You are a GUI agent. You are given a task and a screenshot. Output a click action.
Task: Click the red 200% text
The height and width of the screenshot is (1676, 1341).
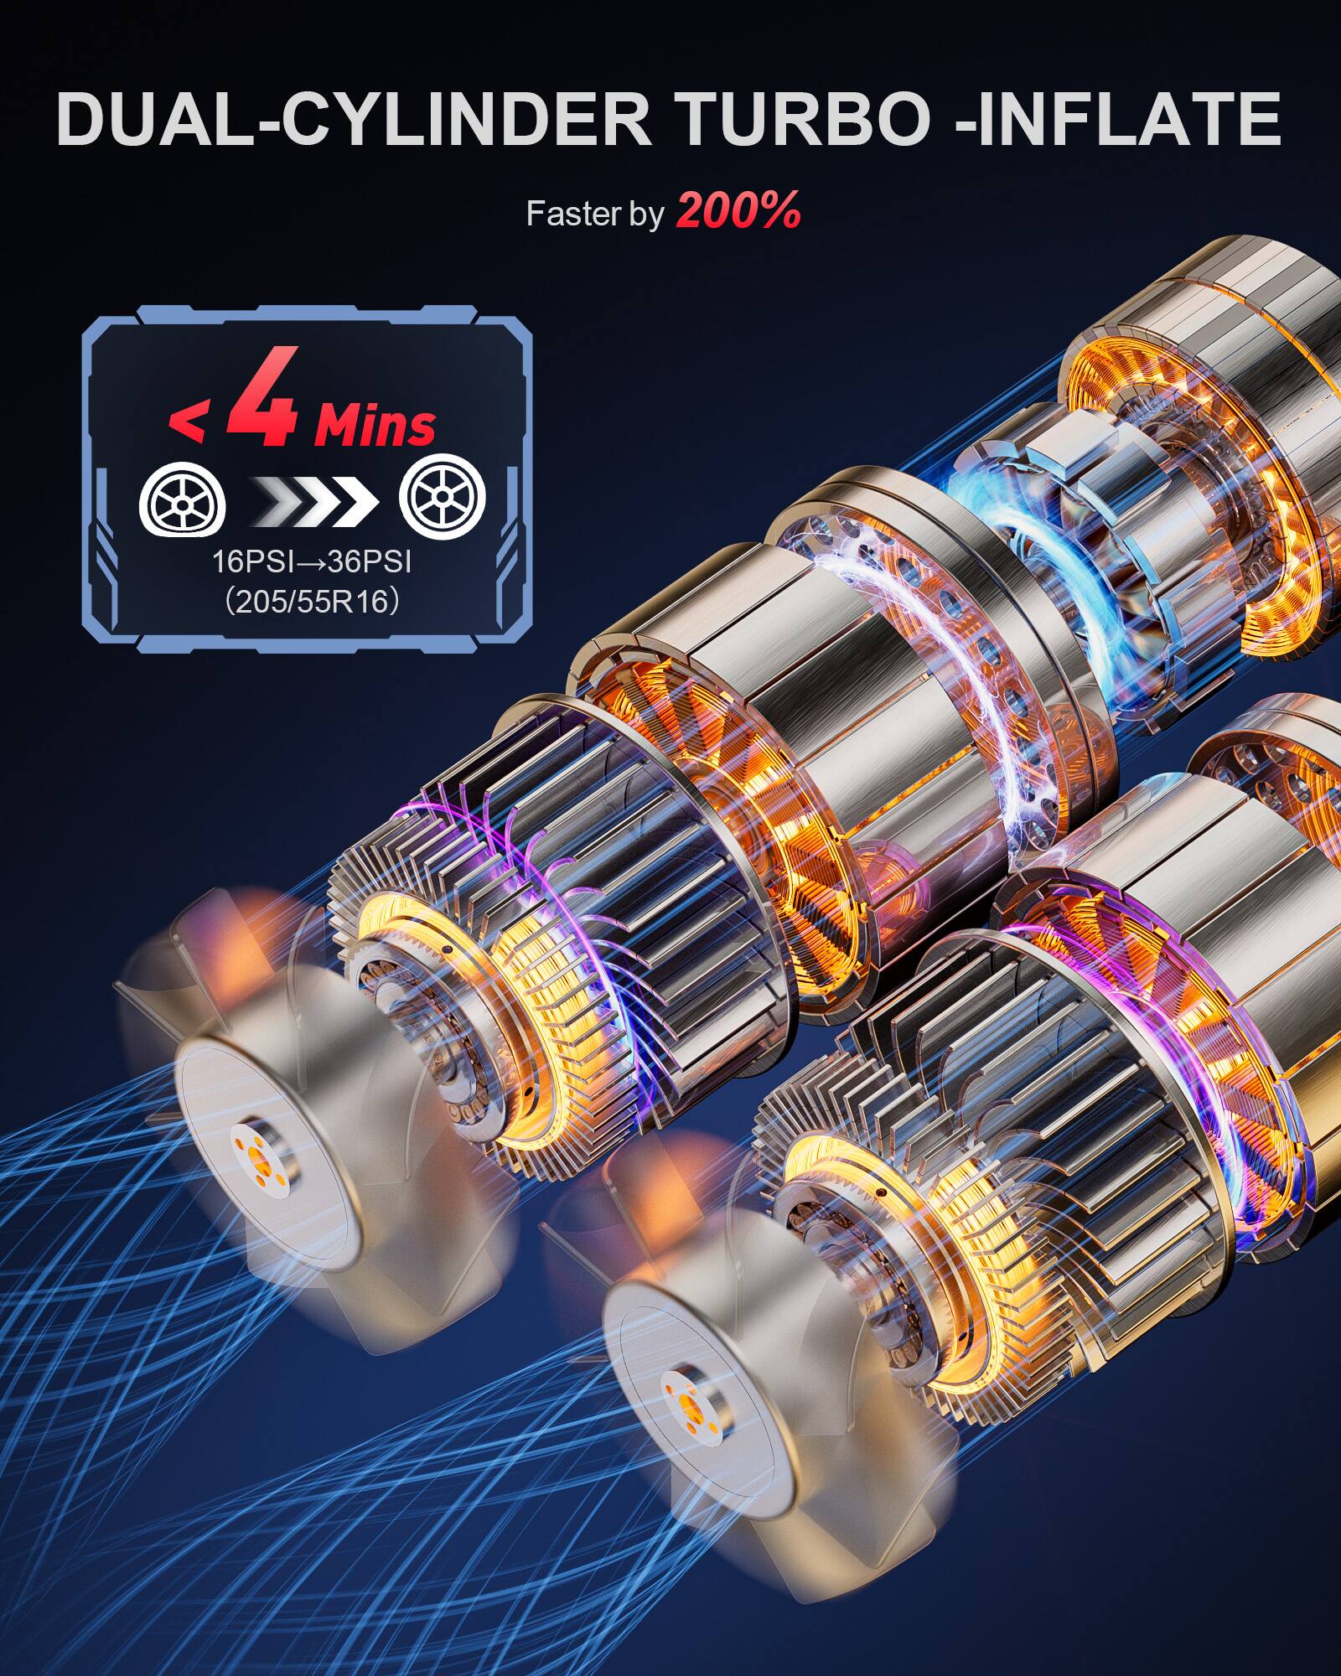[x=738, y=211]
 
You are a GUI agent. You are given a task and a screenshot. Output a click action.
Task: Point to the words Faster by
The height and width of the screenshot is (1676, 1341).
[x=594, y=215]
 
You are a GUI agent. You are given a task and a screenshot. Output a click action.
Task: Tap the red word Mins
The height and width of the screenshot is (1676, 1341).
[x=375, y=426]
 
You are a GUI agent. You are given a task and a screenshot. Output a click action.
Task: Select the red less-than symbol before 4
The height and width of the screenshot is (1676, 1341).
[x=186, y=423]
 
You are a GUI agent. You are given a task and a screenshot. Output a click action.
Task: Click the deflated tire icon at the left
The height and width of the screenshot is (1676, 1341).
[x=183, y=500]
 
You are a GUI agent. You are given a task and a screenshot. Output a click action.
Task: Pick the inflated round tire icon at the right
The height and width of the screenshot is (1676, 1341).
[x=442, y=499]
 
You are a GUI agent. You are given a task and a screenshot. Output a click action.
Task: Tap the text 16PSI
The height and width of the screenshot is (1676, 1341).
[x=252, y=561]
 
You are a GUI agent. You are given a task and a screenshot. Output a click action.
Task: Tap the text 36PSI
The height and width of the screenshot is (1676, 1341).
[x=370, y=561]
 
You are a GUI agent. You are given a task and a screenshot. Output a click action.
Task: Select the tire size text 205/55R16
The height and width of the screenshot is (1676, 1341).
[x=311, y=602]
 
